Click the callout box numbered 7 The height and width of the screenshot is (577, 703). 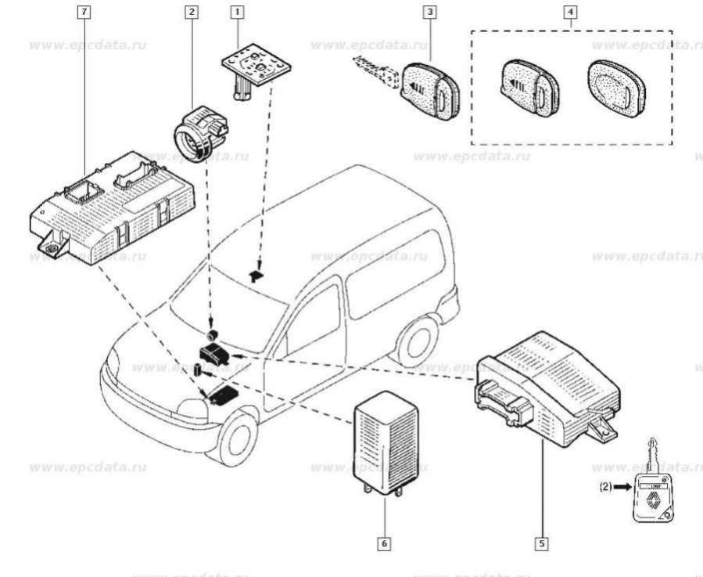coord(84,13)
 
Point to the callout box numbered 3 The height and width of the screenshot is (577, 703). coord(429,13)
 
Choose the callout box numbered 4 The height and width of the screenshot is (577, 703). coord(572,13)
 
